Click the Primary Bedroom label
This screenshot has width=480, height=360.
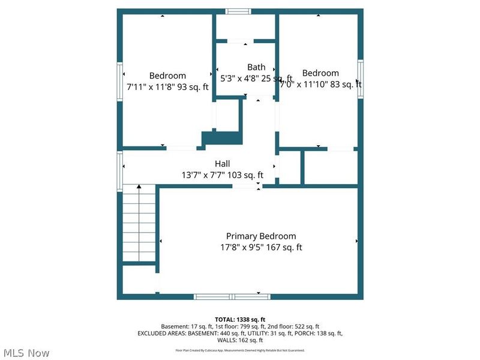point(260,236)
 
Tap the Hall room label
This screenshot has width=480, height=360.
point(222,164)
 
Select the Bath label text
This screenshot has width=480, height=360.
point(256,67)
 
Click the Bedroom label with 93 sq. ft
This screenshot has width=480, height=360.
point(167,76)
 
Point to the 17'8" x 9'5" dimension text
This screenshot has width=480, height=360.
point(260,247)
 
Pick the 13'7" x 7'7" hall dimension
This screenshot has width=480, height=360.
point(222,175)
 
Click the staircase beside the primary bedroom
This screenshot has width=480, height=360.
point(139,225)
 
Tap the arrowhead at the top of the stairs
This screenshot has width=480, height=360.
point(139,187)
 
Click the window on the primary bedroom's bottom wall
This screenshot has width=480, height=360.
point(232,296)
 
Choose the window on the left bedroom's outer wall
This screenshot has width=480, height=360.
point(119,80)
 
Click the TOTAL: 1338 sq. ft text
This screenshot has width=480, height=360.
point(240,319)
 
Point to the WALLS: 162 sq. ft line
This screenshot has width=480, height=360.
point(240,340)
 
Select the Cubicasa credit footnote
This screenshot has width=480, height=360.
point(240,350)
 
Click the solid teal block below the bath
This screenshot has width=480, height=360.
point(222,138)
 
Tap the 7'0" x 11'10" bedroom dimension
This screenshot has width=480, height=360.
point(320,85)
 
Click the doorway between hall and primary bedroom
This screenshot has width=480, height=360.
point(246,187)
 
